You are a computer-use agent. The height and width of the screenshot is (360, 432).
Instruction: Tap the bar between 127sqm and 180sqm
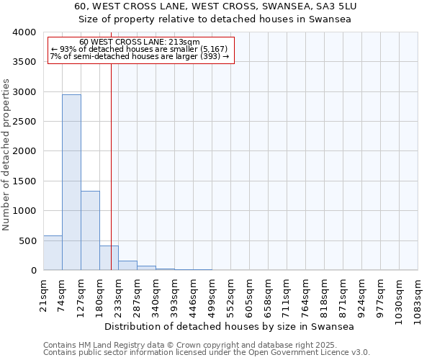pyautogui.click(x=90, y=230)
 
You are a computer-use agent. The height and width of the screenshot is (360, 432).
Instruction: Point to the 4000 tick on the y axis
pyautogui.click(x=24, y=32)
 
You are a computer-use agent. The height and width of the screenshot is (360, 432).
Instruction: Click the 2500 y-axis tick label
pyautogui.click(x=24, y=122)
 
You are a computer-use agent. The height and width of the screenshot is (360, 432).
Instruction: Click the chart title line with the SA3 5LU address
pyautogui.click(x=215, y=6)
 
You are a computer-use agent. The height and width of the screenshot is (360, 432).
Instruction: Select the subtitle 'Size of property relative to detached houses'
pyautogui.click(x=215, y=19)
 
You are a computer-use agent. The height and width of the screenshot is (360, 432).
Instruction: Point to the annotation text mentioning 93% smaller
pyautogui.click(x=140, y=49)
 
